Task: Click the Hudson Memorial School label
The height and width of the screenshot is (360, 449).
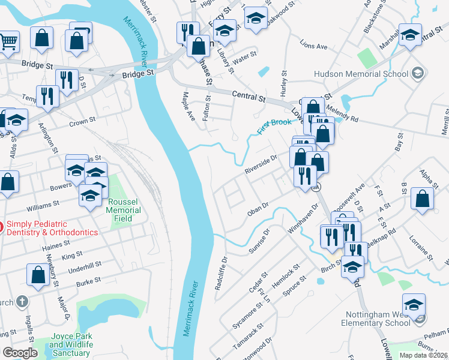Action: (x=361, y=74)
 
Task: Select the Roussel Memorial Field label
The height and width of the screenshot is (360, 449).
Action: (x=124, y=211)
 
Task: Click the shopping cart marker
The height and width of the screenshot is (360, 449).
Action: (x=8, y=41)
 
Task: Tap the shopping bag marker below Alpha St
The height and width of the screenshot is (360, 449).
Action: (x=423, y=199)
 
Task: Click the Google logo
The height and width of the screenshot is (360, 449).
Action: (x=20, y=353)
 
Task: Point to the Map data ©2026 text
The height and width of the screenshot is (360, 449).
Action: (x=423, y=355)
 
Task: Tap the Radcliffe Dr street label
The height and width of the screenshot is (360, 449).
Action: (x=221, y=274)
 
